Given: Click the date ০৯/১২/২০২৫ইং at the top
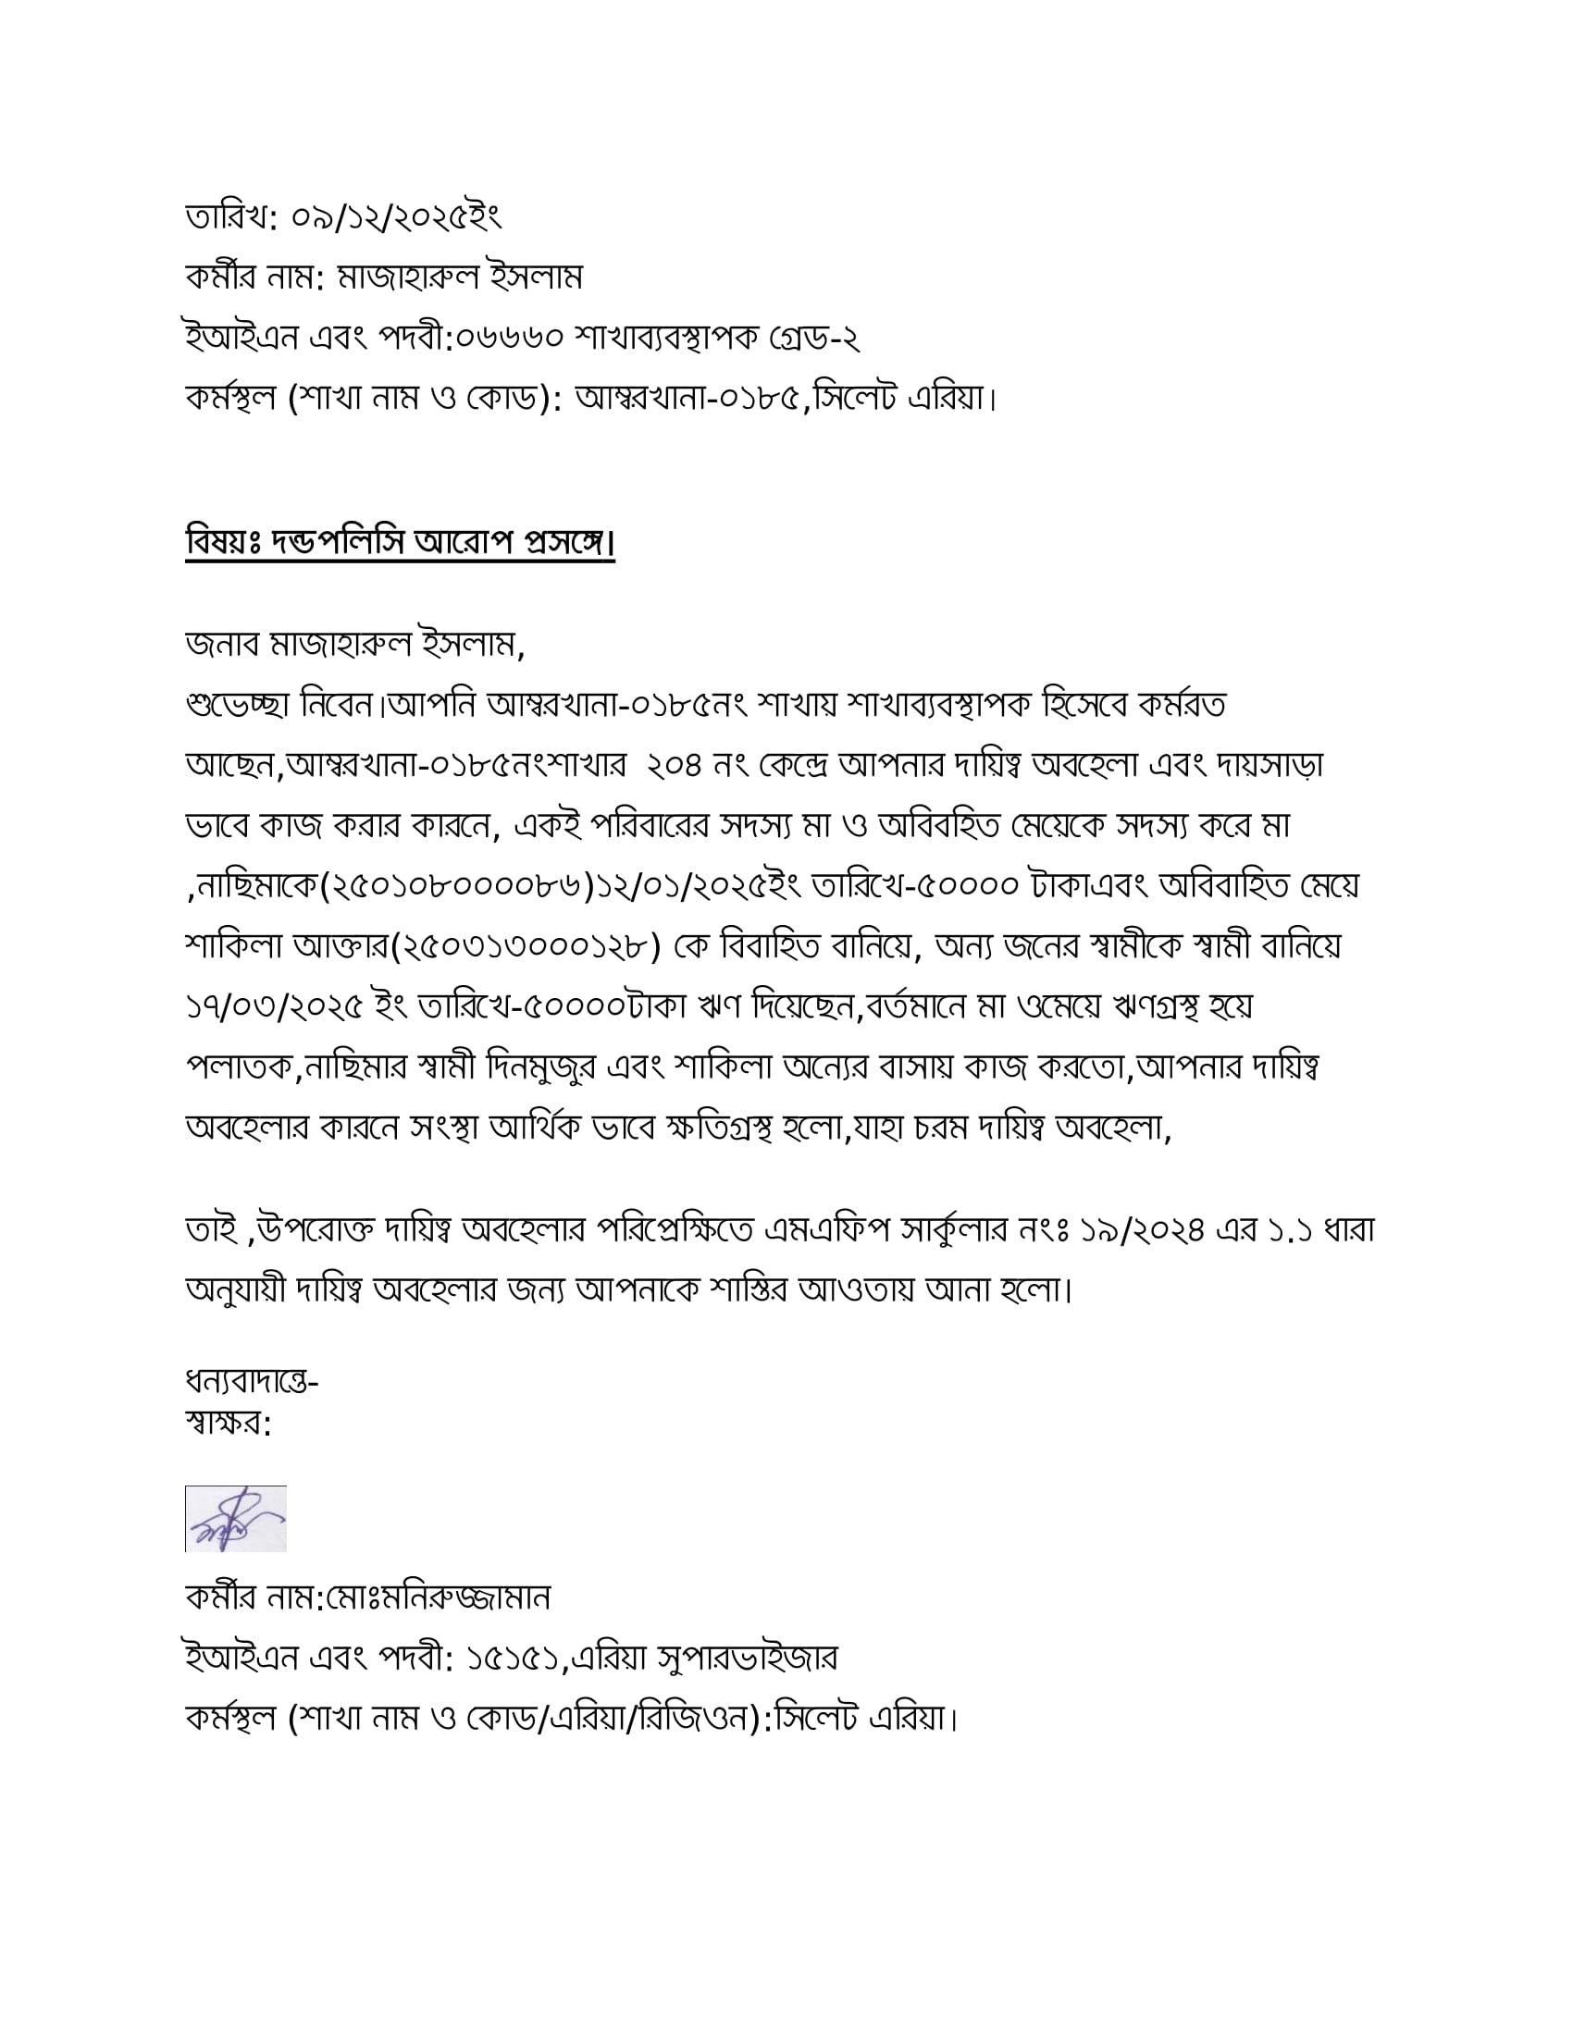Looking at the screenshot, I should pyautogui.click(x=396, y=218).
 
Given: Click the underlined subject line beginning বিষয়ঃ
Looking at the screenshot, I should pyautogui.click(x=400, y=541).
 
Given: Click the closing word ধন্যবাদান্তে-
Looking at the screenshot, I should pyautogui.click(x=252, y=1381).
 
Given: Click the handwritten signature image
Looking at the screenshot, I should pyautogui.click(x=236, y=1518).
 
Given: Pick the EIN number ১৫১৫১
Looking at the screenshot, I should pyautogui.click(x=511, y=1658).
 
